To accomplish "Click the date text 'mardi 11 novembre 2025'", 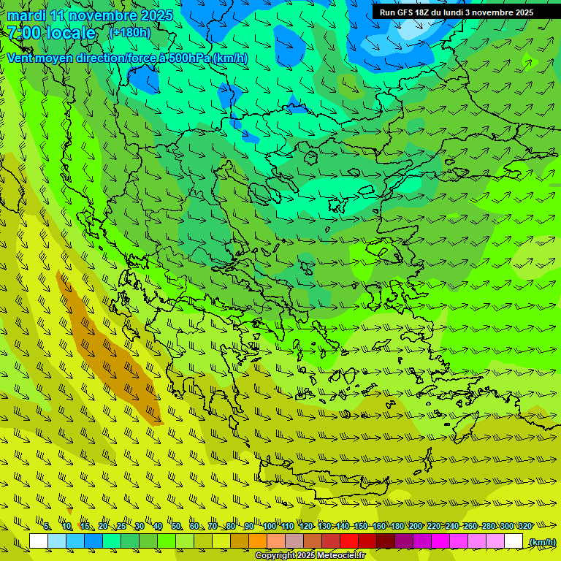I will tap(90, 15).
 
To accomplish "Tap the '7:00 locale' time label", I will tap(51, 33).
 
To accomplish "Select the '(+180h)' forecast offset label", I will tap(130, 32).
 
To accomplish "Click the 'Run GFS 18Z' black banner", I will tap(457, 12).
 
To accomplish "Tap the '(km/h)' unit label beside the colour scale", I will tap(542, 542).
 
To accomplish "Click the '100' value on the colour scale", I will tap(270, 527).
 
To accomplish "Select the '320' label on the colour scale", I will tap(525, 527).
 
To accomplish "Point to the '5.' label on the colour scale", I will tap(47, 527).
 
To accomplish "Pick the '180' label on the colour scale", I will tap(397, 527).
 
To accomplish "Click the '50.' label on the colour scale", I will tap(176, 527).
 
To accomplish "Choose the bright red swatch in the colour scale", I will tap(349, 541).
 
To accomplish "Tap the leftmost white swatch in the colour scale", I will tap(39, 541).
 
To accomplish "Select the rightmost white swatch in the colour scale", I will tap(514, 541).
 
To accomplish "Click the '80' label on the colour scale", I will tap(231, 527).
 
